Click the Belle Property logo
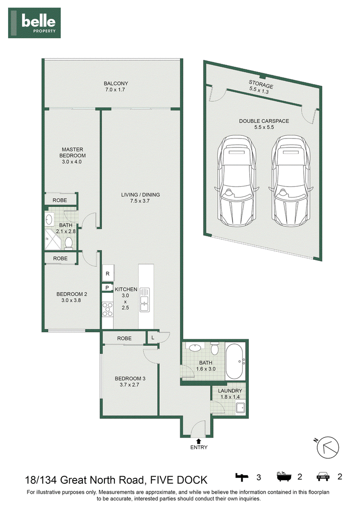[35, 23]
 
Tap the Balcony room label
[116, 86]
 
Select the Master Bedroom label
[72, 156]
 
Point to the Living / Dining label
[140, 198]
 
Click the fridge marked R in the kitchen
[108, 273]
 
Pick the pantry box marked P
[107, 288]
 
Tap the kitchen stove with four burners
[108, 309]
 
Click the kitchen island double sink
[144, 299]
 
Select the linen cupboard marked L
[153, 338]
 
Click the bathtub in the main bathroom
[235, 362]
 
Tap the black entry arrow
[198, 441]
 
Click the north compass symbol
[328, 447]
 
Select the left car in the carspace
[237, 181]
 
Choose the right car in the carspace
[291, 181]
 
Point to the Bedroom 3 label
[130, 381]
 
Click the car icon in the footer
[323, 476]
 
